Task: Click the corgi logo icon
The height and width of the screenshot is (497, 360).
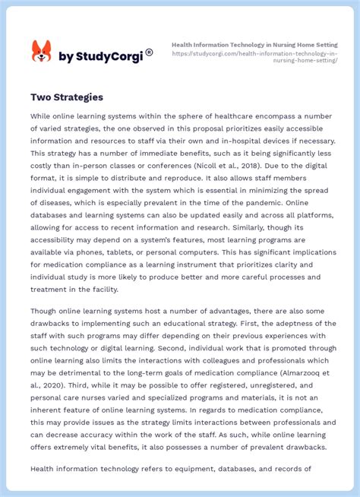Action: click(41, 52)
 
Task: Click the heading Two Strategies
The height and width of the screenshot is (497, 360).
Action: click(67, 97)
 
